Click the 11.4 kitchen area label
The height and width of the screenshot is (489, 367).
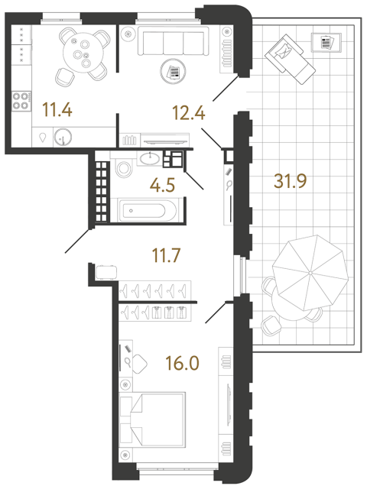[x=57, y=110]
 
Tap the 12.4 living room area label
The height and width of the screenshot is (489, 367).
[x=189, y=112]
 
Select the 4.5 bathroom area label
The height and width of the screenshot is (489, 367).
[x=162, y=185]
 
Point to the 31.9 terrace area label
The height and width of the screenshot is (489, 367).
[x=291, y=181]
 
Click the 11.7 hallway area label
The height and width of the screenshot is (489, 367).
[x=166, y=255]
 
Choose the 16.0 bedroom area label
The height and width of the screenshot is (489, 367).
[x=182, y=364]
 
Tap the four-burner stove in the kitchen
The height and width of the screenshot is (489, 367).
[x=21, y=101]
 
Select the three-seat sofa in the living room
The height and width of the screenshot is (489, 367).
[x=174, y=41]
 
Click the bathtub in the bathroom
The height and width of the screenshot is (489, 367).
[x=144, y=211]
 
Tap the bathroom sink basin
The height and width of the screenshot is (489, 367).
[x=150, y=159]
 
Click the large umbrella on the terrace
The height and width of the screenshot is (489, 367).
[x=310, y=273]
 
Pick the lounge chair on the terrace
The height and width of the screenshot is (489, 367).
[x=290, y=59]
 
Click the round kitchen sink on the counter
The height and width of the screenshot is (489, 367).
[x=63, y=137]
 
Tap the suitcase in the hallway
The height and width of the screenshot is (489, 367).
[x=106, y=272]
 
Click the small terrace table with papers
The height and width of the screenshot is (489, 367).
[x=326, y=42]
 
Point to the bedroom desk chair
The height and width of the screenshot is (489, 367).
[x=140, y=364]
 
